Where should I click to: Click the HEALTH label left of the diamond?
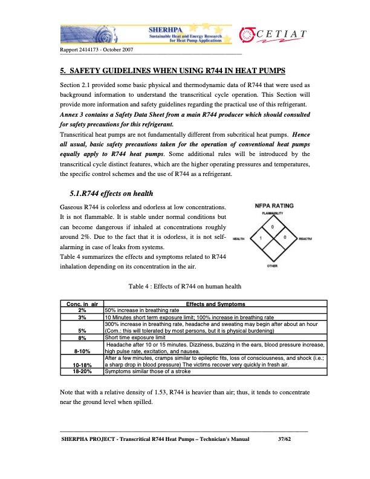238,239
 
